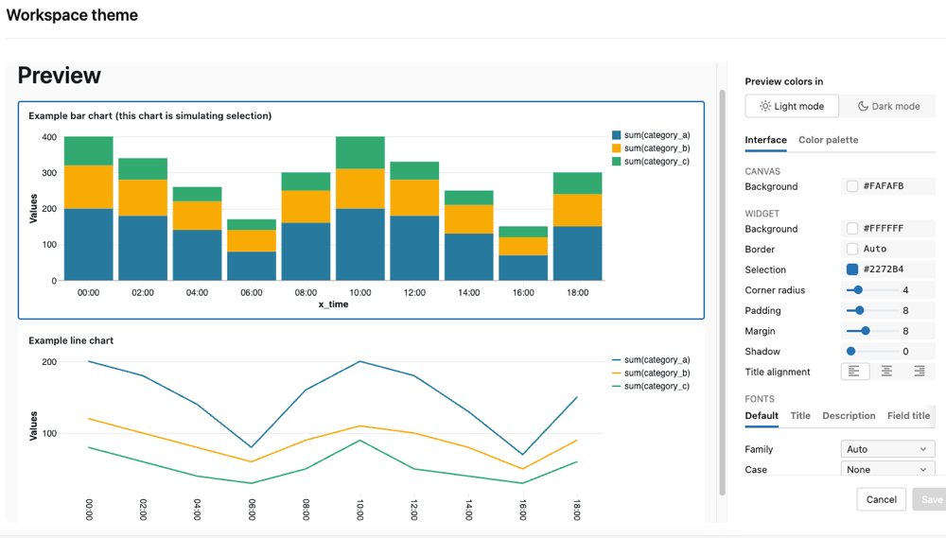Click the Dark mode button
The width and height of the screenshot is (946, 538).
[x=888, y=106]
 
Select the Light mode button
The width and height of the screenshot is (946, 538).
[x=792, y=106]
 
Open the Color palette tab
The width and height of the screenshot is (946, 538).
[x=829, y=140]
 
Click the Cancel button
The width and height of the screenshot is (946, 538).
[x=882, y=499]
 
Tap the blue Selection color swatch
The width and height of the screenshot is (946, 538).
[x=852, y=269]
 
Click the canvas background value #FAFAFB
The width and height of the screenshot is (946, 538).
[x=884, y=186]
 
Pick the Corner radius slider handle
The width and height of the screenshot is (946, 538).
[x=858, y=290]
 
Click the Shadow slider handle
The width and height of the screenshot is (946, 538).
[x=850, y=351]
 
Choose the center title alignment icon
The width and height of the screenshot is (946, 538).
[x=886, y=372]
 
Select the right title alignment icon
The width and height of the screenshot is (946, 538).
[x=919, y=372]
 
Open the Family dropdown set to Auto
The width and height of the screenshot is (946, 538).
[x=887, y=449]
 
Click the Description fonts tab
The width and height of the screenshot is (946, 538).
[x=849, y=416]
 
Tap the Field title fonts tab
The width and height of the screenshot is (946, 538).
[x=908, y=416]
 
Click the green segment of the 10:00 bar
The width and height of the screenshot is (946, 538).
[x=360, y=152]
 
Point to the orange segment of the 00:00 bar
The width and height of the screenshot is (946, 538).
[x=89, y=187]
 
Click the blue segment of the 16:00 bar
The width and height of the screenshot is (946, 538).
[x=523, y=268]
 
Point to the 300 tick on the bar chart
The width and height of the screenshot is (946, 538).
[x=49, y=172]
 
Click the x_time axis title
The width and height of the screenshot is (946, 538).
[x=333, y=304]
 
